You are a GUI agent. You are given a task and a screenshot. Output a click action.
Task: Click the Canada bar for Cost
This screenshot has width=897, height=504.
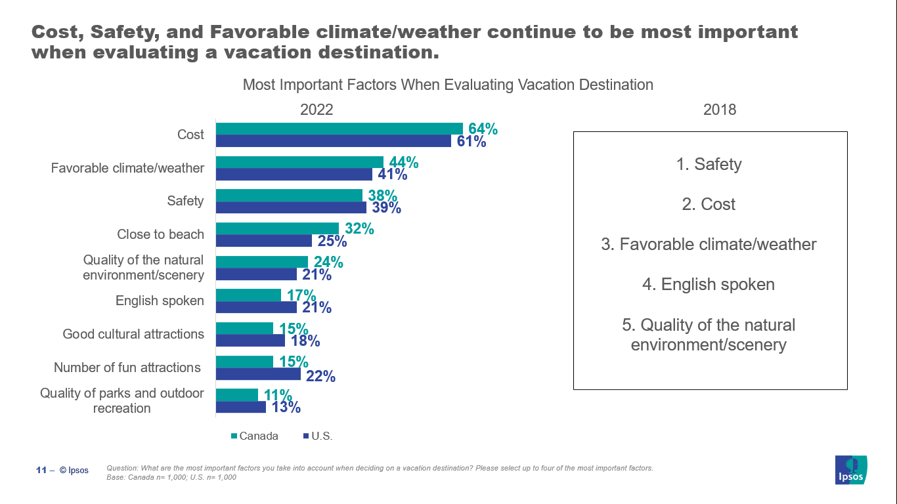339,129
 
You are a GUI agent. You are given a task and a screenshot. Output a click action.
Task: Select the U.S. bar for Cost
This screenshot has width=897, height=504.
333,141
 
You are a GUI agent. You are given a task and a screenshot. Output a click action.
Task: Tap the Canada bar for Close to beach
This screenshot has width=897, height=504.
277,228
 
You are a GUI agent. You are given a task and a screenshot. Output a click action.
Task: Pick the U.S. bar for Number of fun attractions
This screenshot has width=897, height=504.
258,374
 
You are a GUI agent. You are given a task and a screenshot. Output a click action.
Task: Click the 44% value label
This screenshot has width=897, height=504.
403,162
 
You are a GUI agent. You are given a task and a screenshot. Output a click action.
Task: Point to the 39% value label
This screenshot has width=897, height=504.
386,208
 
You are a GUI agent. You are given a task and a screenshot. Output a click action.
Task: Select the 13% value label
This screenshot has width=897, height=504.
286,408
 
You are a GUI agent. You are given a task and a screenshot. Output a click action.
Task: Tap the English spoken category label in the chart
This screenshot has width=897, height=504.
160,301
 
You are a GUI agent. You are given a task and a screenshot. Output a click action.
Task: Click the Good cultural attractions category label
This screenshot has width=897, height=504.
133,334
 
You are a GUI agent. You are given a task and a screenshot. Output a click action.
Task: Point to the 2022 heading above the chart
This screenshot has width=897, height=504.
317,110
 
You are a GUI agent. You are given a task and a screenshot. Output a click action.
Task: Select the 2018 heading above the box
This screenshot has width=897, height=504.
720,110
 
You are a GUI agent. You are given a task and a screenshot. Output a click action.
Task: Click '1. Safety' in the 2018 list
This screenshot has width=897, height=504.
709,164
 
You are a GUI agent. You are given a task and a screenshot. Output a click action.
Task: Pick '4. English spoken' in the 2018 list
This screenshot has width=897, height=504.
709,284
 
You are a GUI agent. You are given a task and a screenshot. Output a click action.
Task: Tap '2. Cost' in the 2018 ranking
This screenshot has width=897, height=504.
709,204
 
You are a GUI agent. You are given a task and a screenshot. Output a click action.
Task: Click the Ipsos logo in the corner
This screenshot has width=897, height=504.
850,470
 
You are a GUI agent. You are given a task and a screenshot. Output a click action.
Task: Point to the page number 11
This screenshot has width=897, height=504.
41,470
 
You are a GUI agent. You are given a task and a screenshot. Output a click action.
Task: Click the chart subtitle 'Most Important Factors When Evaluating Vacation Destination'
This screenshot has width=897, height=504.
448,85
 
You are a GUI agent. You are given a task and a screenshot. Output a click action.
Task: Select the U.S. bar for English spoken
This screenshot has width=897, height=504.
256,308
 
